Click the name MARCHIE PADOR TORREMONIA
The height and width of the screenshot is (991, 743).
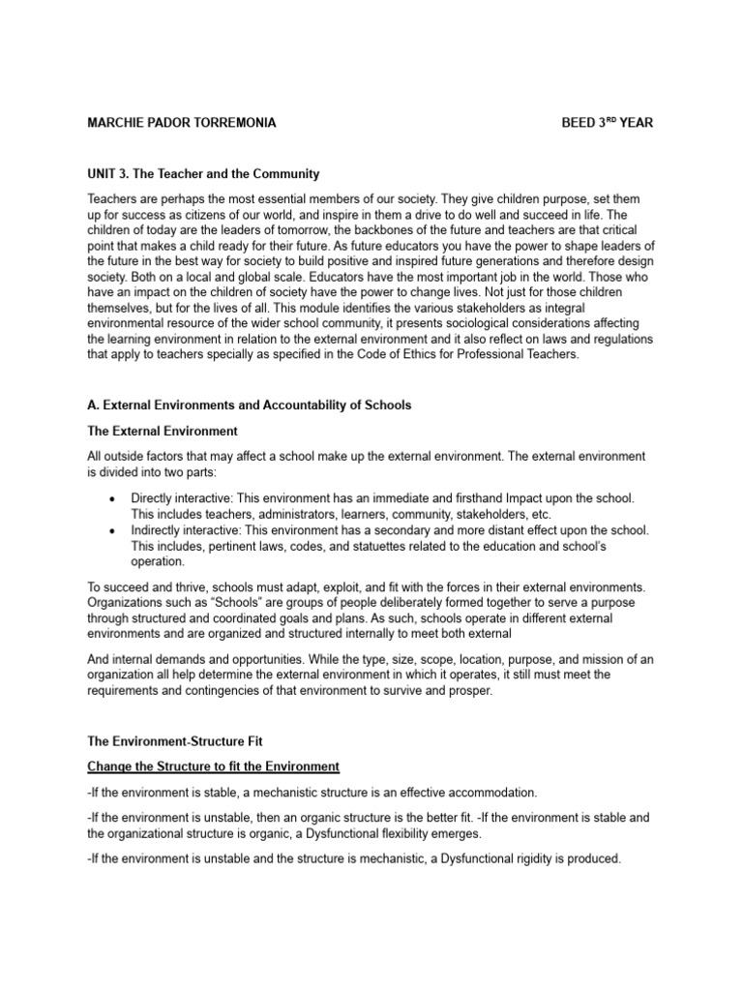[x=181, y=123]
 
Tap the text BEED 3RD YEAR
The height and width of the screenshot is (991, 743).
[x=613, y=123]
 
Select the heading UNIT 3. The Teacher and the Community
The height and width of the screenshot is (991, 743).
[x=203, y=174]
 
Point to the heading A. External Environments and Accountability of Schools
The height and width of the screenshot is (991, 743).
[x=249, y=405]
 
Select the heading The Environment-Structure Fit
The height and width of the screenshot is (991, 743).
[x=175, y=741]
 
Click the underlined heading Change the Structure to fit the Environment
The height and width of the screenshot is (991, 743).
[x=213, y=766]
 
